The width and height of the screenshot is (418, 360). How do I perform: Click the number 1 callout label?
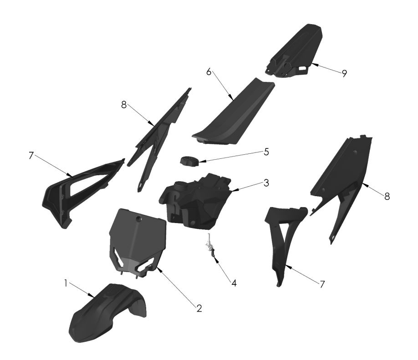(66, 283)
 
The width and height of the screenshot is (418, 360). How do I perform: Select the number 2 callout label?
(199, 308)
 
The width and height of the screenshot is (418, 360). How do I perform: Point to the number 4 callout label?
(234, 283)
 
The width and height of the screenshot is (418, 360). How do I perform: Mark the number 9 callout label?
(344, 73)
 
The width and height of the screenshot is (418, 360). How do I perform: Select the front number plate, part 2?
(137, 241)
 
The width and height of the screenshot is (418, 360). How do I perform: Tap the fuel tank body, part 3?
(200, 200)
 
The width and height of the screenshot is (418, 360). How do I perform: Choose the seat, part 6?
(232, 114)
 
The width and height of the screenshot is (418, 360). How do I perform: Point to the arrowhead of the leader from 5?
(198, 160)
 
